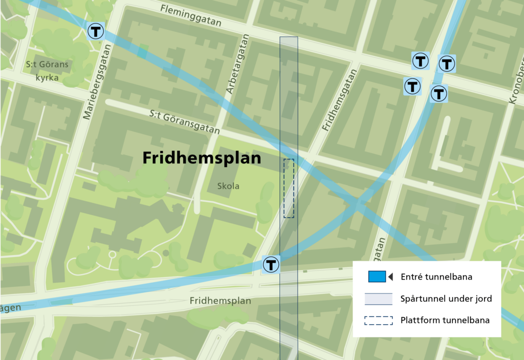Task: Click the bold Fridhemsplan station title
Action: pyautogui.click(x=202, y=158)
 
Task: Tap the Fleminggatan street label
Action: pyautogui.click(x=190, y=16)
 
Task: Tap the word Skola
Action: pyautogui.click(x=228, y=186)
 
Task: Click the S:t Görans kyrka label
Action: pyautogui.click(x=47, y=71)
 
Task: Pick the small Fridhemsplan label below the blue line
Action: pyautogui.click(x=220, y=301)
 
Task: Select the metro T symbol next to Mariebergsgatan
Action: pyautogui.click(x=96, y=31)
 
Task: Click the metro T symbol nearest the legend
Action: pyautogui.click(x=271, y=265)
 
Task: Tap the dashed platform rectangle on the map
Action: pyautogui.click(x=289, y=188)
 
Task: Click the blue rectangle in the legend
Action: pyautogui.click(x=377, y=277)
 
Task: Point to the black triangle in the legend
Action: pyautogui.click(x=390, y=277)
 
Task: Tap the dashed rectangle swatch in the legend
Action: pyautogui.click(x=378, y=321)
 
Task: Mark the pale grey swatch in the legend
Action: pyautogui.click(x=378, y=299)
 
